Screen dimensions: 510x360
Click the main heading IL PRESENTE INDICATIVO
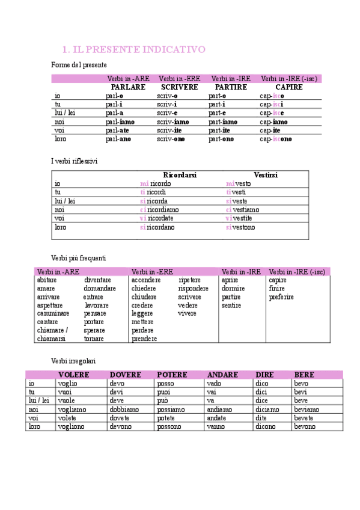(134, 49)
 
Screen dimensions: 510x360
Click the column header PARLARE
(128, 87)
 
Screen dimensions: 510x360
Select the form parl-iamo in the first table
(120, 121)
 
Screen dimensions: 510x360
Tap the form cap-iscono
(276, 139)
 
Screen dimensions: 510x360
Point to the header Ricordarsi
(180, 175)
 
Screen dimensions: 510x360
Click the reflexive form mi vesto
(239, 183)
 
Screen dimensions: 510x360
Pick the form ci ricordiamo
(159, 210)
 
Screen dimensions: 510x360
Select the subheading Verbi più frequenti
(79, 258)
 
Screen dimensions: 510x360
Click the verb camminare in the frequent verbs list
(53, 314)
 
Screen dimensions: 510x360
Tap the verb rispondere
(194, 289)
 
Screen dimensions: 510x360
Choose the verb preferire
(281, 297)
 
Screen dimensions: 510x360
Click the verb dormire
(233, 289)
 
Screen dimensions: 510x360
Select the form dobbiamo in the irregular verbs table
(124, 410)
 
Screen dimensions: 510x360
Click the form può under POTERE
(163, 401)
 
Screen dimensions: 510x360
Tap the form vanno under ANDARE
(216, 426)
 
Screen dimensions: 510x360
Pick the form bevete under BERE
(304, 418)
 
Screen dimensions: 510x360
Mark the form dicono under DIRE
(266, 426)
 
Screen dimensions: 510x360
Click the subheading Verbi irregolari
(73, 361)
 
